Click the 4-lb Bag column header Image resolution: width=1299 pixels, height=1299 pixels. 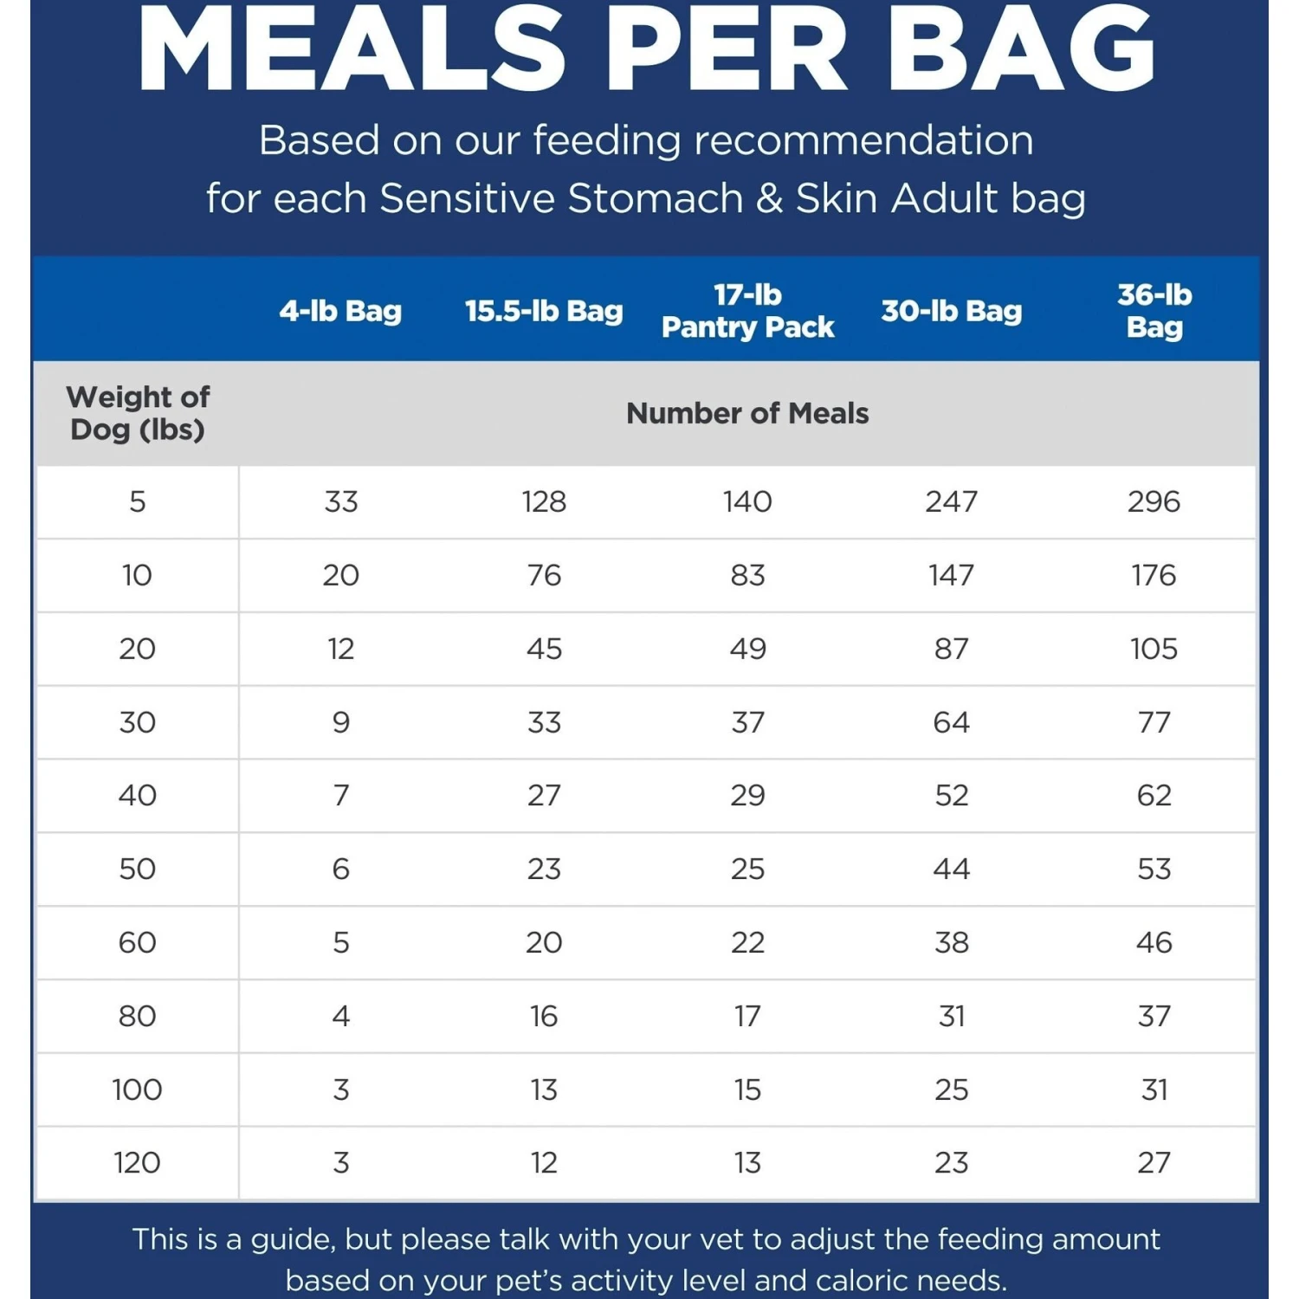tap(340, 311)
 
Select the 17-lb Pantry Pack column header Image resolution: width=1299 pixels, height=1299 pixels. tap(747, 311)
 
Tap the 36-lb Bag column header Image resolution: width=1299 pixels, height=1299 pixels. tap(1154, 311)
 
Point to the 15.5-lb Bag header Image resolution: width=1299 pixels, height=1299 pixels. tap(544, 311)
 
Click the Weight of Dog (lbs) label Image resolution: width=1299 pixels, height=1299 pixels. tap(138, 413)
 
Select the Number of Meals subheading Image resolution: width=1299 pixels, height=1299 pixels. tap(747, 413)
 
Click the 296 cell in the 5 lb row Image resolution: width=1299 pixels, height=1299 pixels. tap(1154, 501)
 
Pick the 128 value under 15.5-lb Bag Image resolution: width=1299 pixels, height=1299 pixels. tap(544, 501)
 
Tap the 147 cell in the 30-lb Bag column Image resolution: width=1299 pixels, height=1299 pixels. tap(951, 575)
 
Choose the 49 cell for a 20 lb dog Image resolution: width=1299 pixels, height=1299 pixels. tap(747, 649)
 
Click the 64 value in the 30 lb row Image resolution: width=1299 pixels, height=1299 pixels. tap(951, 722)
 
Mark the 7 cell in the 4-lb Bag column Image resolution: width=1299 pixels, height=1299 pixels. tap(340, 795)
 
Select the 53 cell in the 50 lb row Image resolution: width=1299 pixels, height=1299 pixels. tap(1154, 869)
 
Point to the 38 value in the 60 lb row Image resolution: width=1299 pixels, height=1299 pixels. tap(951, 942)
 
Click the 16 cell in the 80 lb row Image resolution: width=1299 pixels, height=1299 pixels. tap(544, 1016)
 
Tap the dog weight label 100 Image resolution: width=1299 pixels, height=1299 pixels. tap(138, 1089)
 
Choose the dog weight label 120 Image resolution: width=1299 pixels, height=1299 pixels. tap(138, 1162)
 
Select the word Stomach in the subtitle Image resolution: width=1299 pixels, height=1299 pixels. tap(656, 198)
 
